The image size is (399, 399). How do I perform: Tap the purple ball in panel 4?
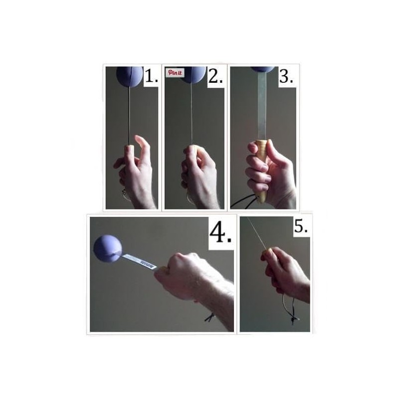(x=108, y=248)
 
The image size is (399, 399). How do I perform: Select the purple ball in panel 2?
(x=194, y=74)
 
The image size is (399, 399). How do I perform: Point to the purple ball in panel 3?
(x=262, y=69)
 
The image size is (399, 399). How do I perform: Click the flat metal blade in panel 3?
(x=262, y=105)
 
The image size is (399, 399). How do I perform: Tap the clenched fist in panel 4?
(x=180, y=274)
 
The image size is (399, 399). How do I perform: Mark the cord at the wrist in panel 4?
(x=210, y=317)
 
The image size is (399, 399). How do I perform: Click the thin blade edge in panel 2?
(x=192, y=115)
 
